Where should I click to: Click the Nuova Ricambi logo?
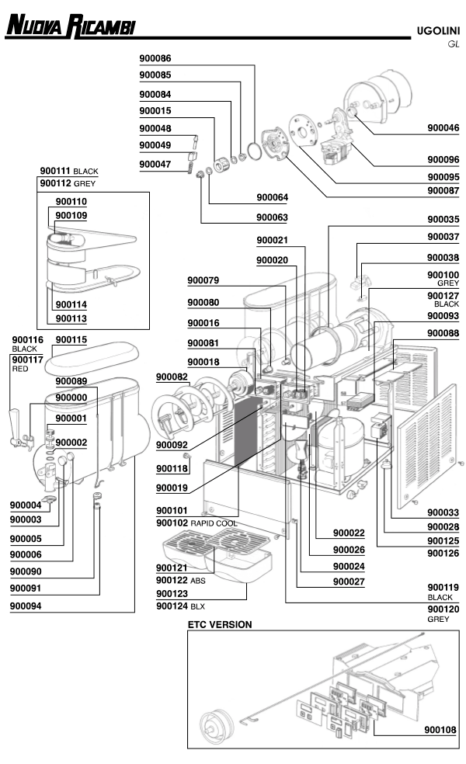pos(70,26)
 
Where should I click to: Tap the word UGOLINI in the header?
pos(438,31)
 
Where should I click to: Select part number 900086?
pos(155,58)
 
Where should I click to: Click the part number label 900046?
pos(443,127)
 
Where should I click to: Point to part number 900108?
pos(440,729)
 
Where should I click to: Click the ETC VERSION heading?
pos(220,625)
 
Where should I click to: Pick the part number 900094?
pos(26,606)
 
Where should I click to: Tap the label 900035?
pos(443,219)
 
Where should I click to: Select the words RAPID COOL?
pos(214,523)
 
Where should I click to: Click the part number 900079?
pos(203,280)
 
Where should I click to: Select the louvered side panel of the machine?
pos(426,446)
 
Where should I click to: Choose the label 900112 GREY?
pos(68,183)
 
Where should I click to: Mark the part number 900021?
pos(272,240)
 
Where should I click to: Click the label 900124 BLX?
pos(180,606)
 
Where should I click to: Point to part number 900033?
pos(443,512)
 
